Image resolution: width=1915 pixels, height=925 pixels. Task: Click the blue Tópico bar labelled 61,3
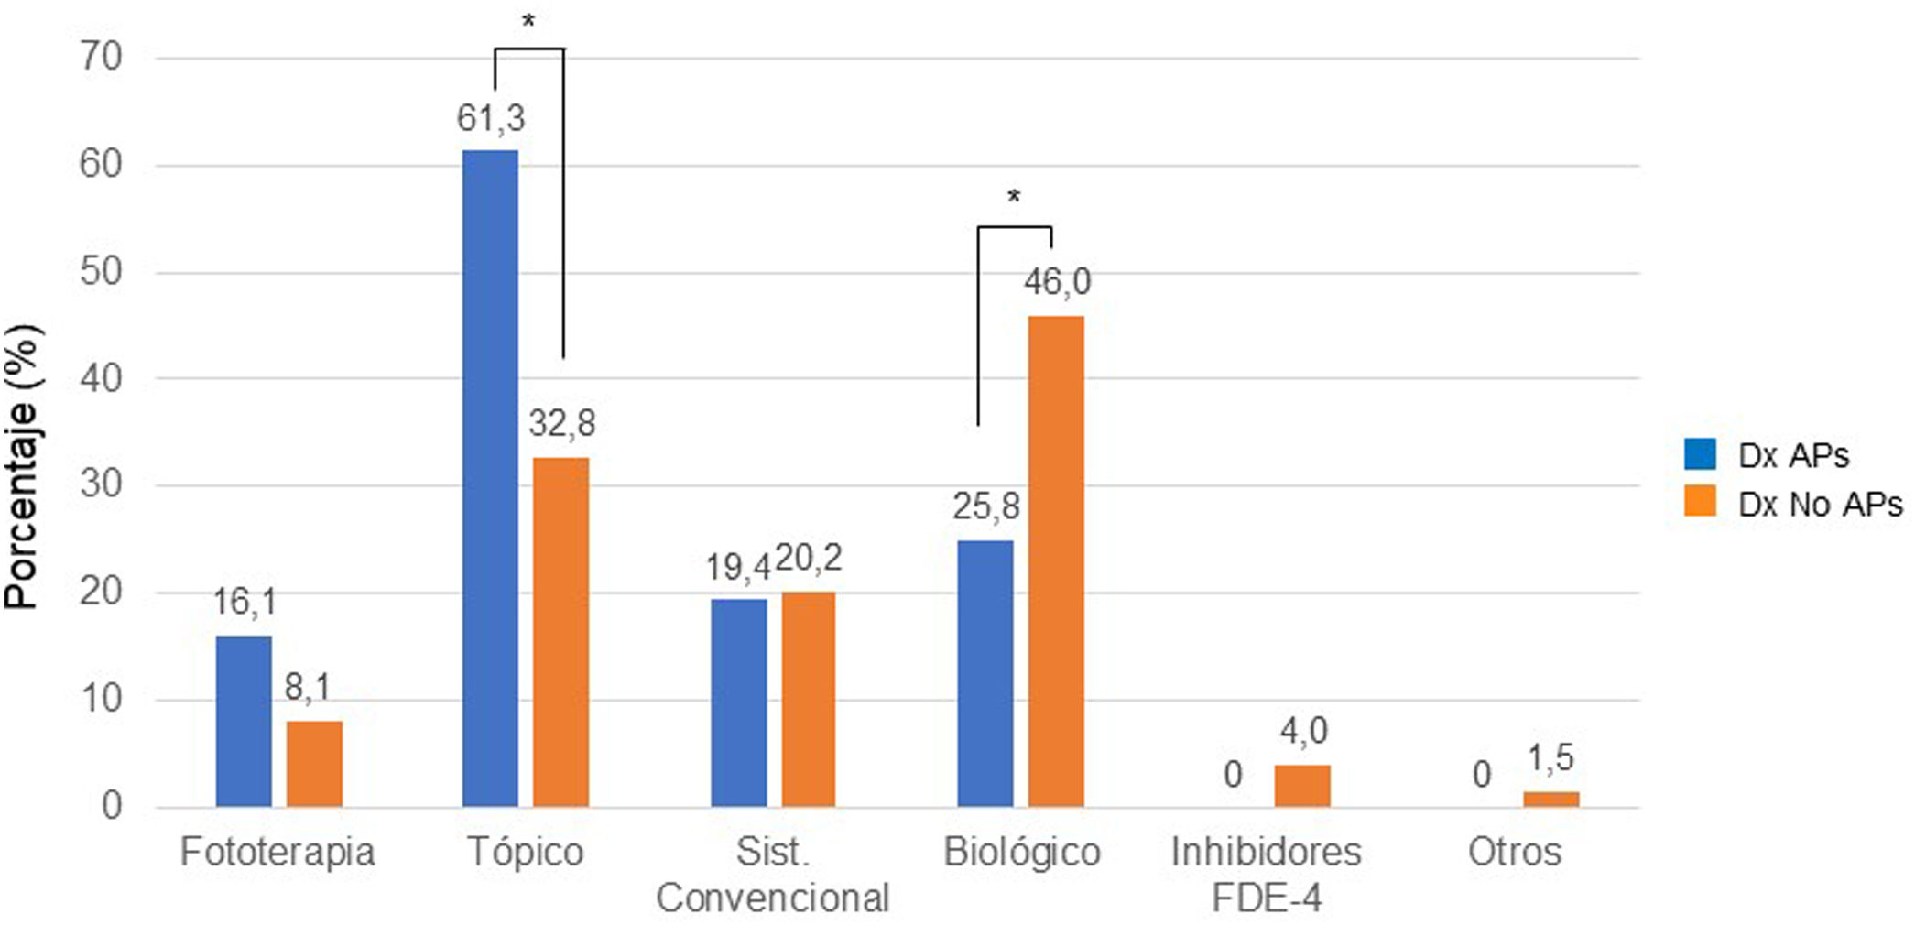pyautogui.click(x=490, y=476)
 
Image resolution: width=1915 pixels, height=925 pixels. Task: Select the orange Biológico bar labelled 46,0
pyautogui.click(x=1055, y=560)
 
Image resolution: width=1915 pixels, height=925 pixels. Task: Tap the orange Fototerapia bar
pyautogui.click(x=314, y=763)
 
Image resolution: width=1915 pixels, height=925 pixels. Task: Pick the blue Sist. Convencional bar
pyautogui.click(x=738, y=702)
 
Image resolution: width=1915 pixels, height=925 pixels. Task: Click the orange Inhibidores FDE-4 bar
pyautogui.click(x=1301, y=785)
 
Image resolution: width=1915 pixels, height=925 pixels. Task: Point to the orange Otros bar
pyautogui.click(x=1550, y=799)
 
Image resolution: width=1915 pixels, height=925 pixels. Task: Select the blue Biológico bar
pyautogui.click(x=985, y=673)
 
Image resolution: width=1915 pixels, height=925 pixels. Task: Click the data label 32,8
pyautogui.click(x=561, y=423)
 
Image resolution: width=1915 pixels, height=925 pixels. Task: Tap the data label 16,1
pyautogui.click(x=245, y=602)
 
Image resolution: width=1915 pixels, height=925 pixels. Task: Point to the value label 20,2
pyautogui.click(x=809, y=558)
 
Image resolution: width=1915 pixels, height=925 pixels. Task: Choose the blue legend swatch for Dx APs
pyautogui.click(x=1699, y=454)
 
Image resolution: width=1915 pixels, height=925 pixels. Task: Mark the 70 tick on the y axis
pyautogui.click(x=102, y=57)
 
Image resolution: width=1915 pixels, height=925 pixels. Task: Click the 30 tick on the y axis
pyautogui.click(x=102, y=484)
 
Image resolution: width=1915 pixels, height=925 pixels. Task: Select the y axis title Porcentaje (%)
pyautogui.click(x=22, y=467)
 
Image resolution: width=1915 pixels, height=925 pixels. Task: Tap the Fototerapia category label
pyautogui.click(x=277, y=852)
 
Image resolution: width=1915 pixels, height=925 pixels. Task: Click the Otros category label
pyautogui.click(x=1514, y=852)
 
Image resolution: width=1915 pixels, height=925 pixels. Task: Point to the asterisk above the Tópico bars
pyautogui.click(x=528, y=20)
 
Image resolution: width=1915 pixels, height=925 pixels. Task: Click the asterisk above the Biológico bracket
pyautogui.click(x=1013, y=197)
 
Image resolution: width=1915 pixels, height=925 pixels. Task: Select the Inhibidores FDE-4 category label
pyautogui.click(x=1266, y=874)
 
